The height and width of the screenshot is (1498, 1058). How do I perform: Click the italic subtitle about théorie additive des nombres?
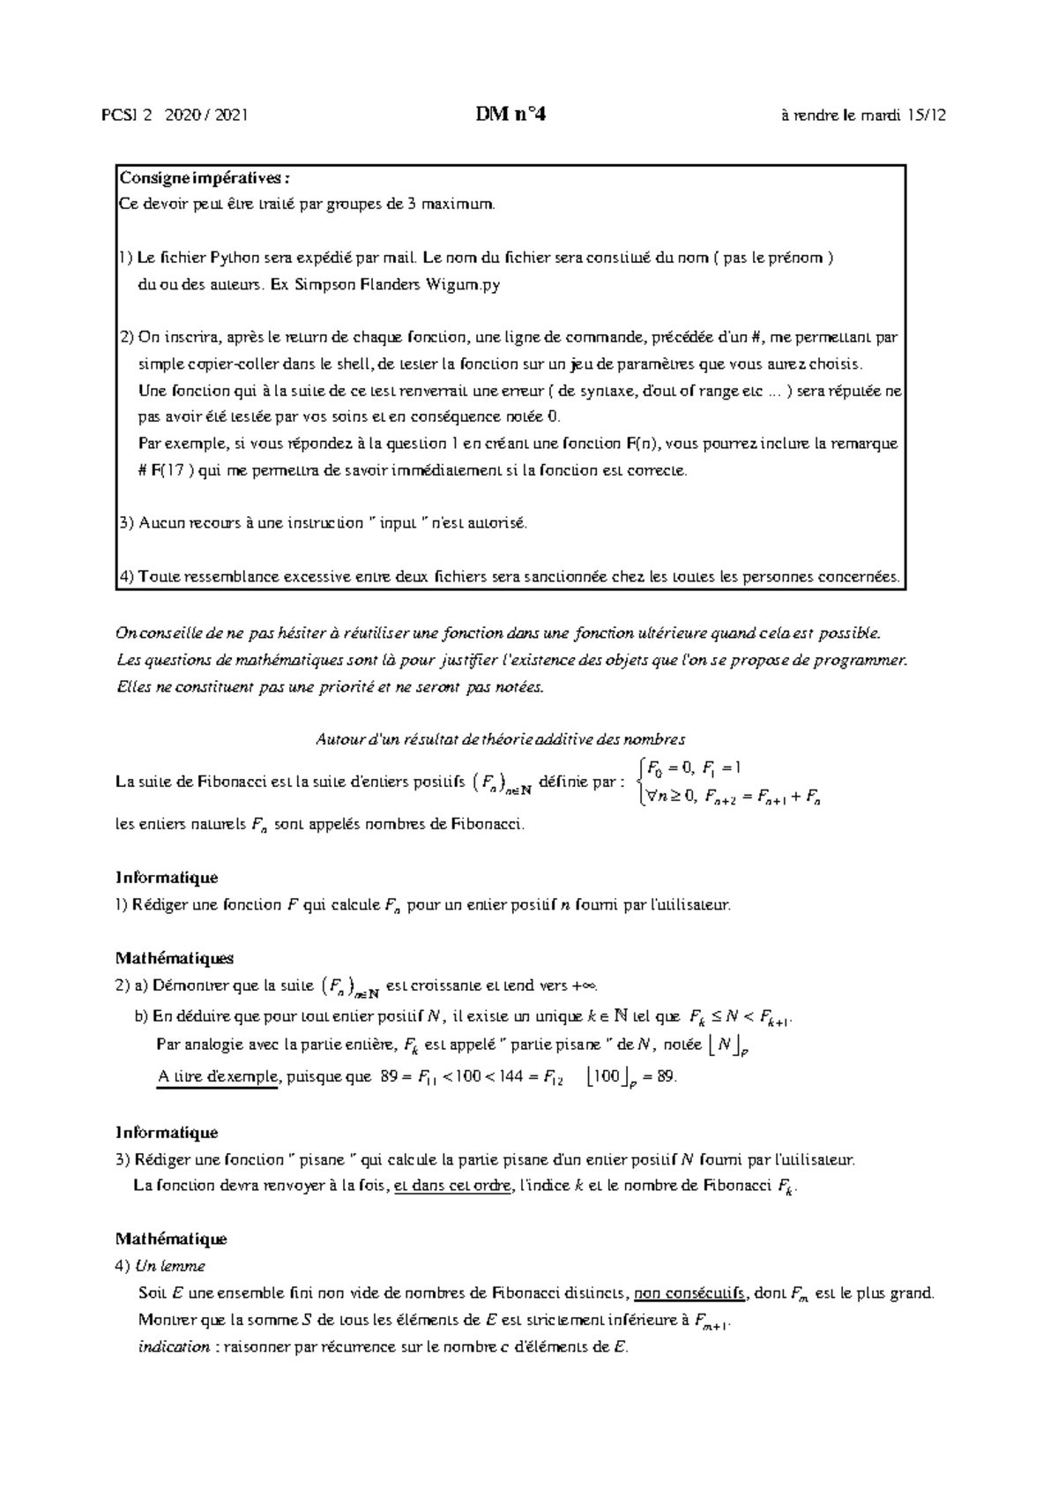pyautogui.click(x=501, y=739)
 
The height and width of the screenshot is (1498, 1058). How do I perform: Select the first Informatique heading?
pyautogui.click(x=167, y=878)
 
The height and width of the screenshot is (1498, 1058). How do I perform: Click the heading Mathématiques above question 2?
pyautogui.click(x=175, y=957)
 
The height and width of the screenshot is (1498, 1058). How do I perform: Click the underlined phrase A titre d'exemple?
pyautogui.click(x=217, y=1076)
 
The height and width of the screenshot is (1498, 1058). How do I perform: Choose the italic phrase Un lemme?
pyautogui.click(x=169, y=1266)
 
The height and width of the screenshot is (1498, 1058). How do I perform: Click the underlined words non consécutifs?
pyautogui.click(x=690, y=1293)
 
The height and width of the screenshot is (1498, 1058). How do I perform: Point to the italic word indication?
pyautogui.click(x=174, y=1346)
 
